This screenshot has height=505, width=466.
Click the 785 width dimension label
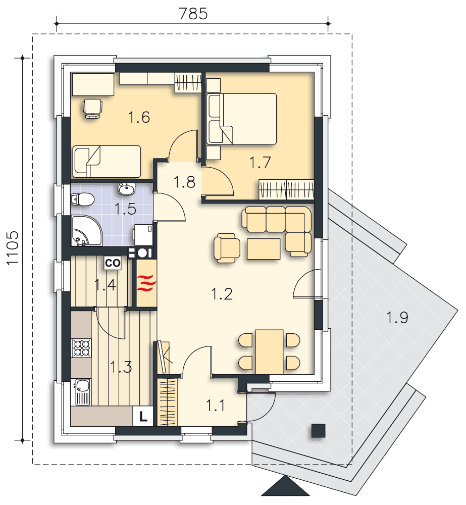[193, 13]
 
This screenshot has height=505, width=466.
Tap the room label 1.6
[139, 118]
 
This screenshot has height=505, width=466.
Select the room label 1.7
[261, 163]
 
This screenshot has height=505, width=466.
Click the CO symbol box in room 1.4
[112, 263]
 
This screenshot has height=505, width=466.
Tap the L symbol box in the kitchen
[143, 417]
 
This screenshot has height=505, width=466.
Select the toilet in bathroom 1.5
[82, 200]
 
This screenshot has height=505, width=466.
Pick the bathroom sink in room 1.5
[126, 189]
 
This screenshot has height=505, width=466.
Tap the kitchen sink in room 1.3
[82, 392]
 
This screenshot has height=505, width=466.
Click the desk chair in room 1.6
[92, 108]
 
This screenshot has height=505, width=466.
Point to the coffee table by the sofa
[263, 248]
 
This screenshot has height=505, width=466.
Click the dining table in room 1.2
[269, 351]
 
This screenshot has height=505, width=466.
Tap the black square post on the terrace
[318, 430]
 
